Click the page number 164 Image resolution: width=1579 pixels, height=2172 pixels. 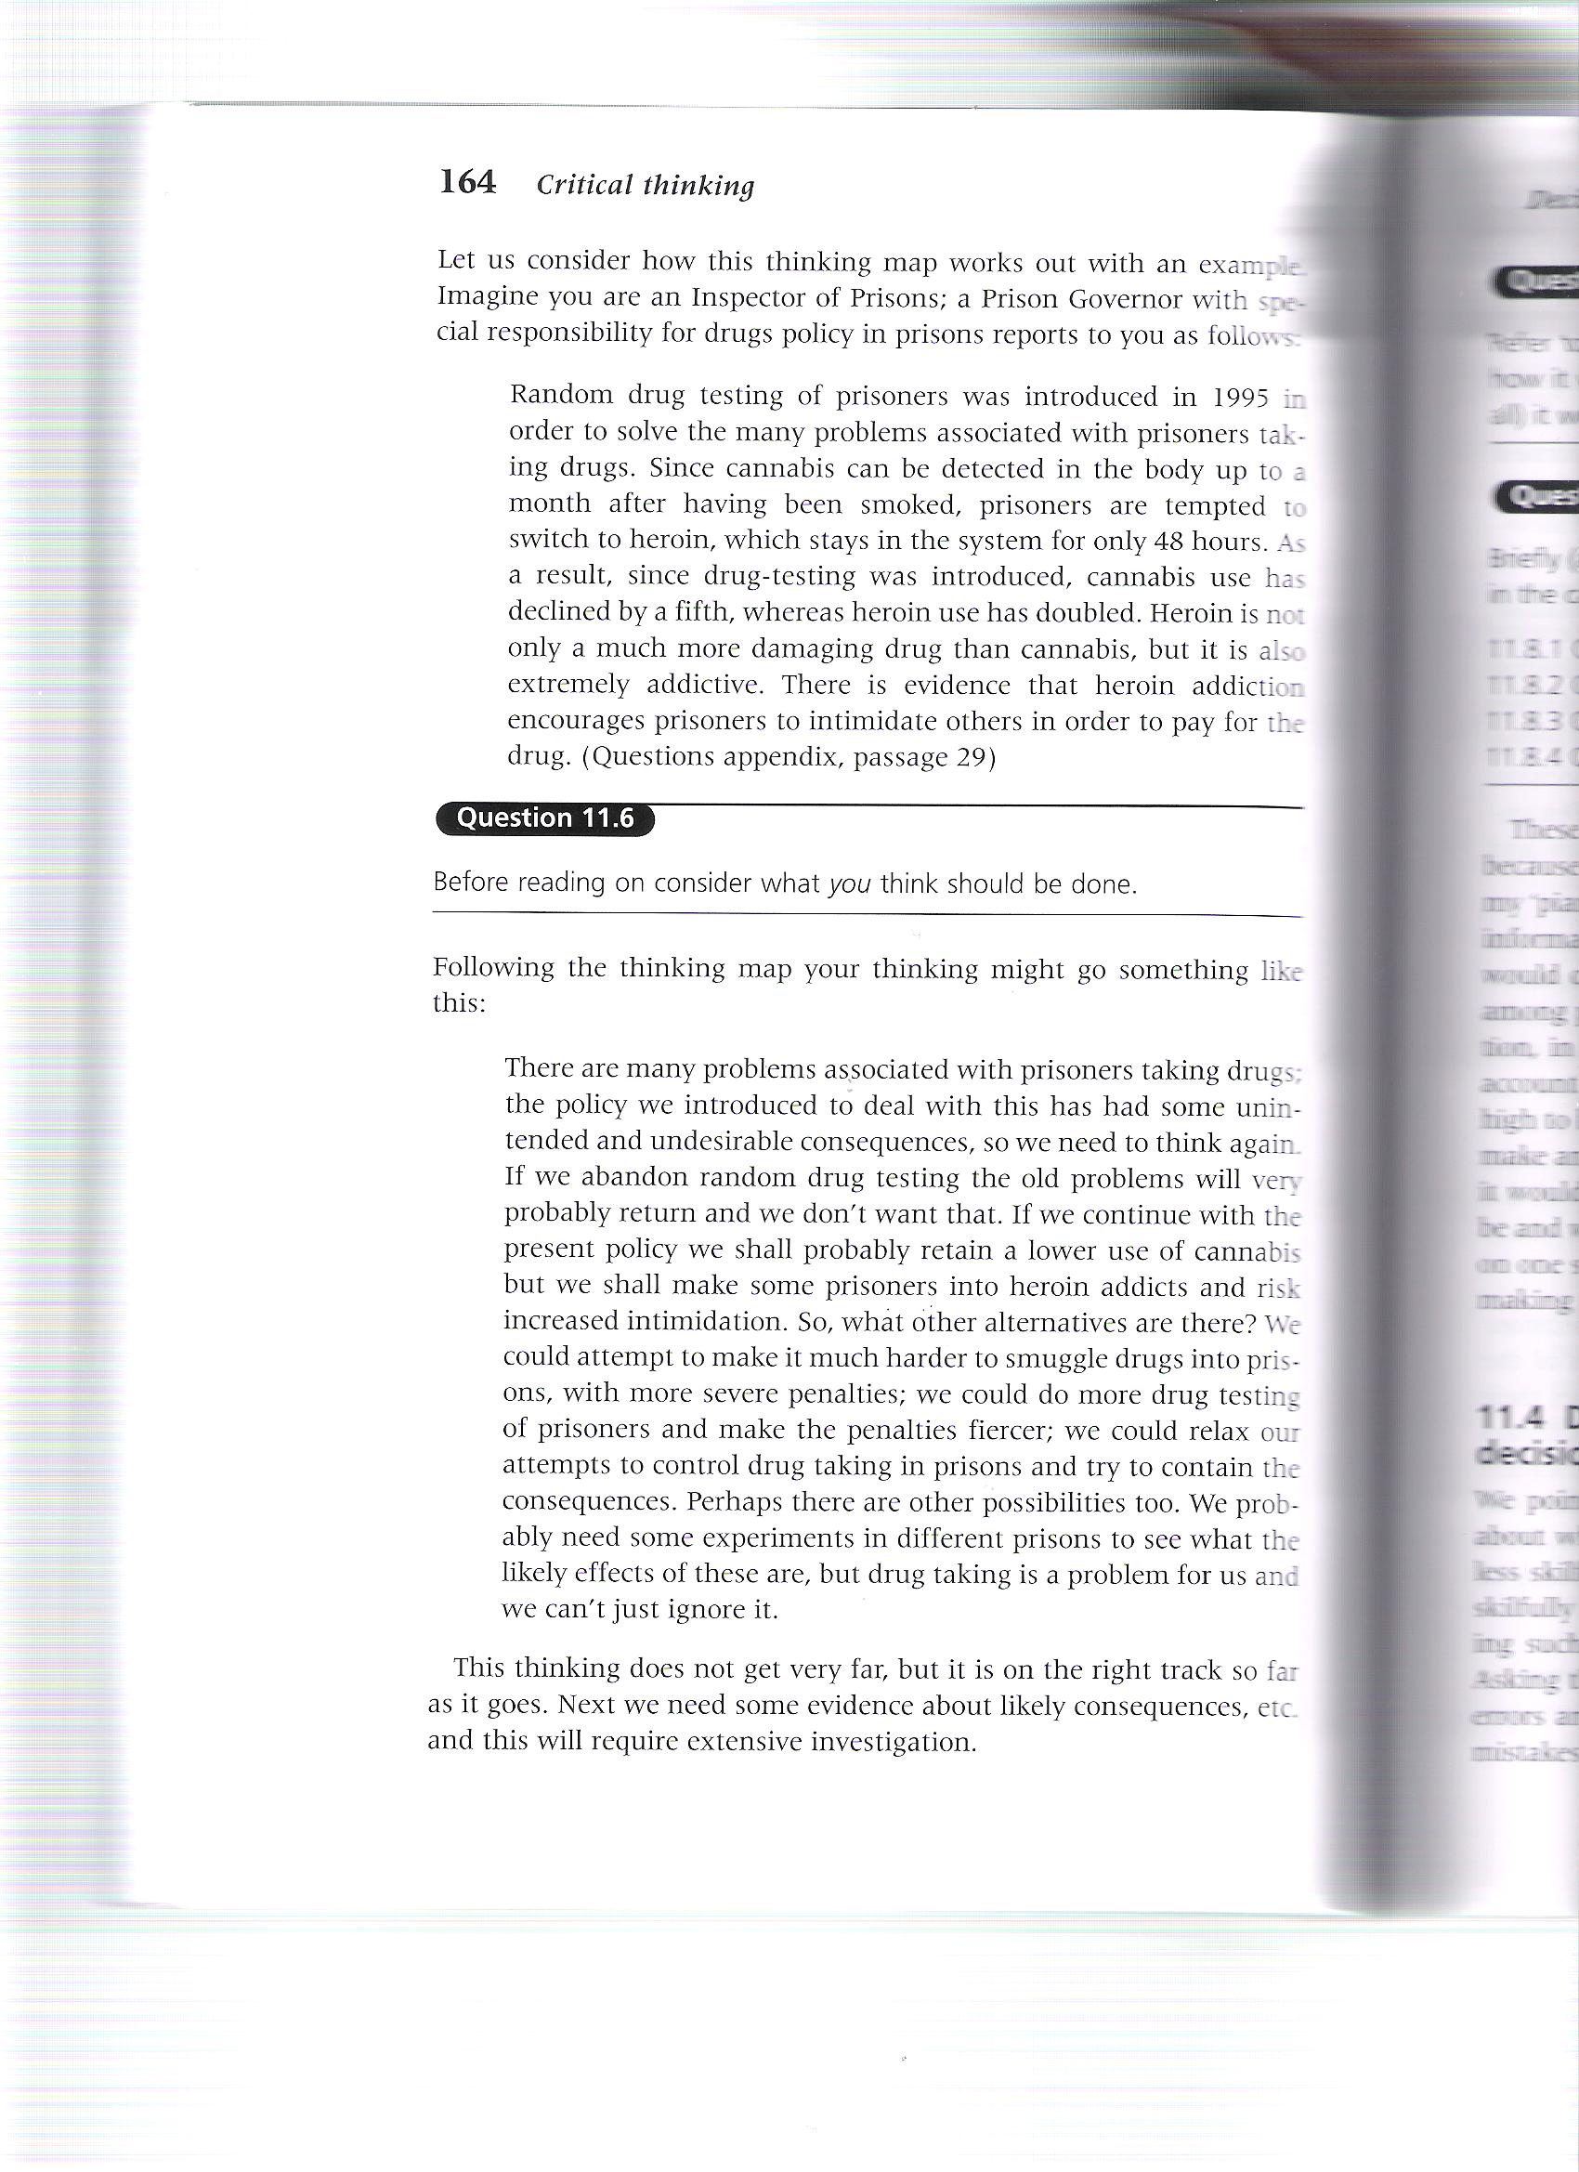click(x=467, y=182)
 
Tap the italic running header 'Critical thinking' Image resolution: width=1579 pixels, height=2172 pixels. click(x=646, y=185)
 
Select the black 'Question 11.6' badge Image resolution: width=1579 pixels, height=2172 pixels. click(x=545, y=818)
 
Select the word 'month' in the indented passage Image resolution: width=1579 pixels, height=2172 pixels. click(x=548, y=504)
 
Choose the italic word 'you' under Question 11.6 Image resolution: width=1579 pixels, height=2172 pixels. click(x=848, y=883)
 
